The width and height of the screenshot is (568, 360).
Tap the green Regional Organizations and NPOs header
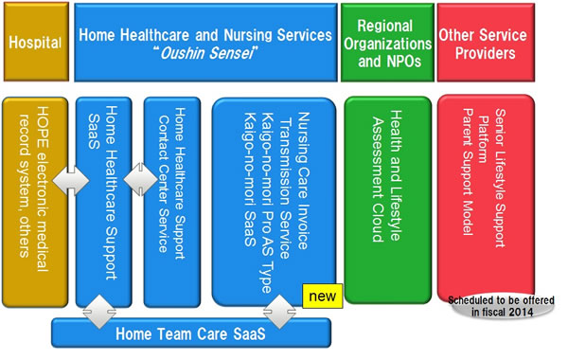[383, 43]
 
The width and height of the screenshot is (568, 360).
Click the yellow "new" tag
[323, 297]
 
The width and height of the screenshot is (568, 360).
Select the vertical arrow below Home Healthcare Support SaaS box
[95, 309]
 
